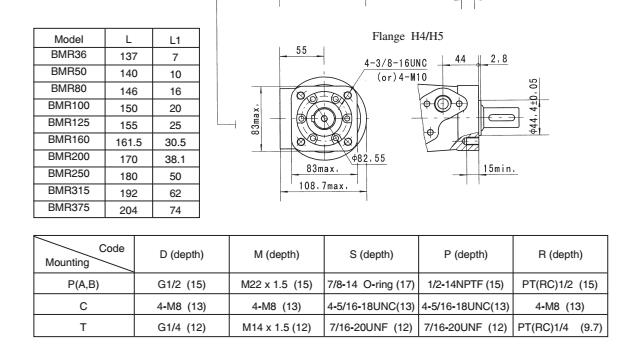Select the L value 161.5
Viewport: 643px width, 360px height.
point(128,142)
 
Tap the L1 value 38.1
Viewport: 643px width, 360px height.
point(175,159)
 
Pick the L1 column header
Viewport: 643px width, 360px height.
point(175,40)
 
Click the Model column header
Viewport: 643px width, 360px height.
point(68,39)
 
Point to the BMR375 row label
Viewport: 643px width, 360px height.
point(68,207)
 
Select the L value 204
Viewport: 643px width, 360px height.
point(128,210)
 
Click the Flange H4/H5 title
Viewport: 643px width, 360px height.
point(408,36)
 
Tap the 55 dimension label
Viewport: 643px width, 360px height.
point(301,50)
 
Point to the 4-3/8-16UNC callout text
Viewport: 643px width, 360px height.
point(396,63)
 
